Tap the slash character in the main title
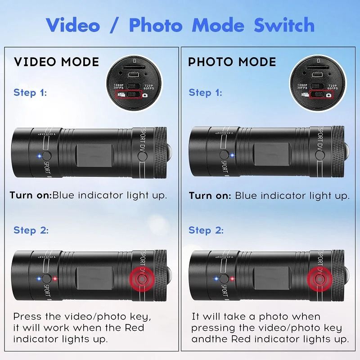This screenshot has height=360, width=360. point(118,25)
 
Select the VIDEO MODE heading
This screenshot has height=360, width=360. point(56,62)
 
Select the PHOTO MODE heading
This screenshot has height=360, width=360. point(232,62)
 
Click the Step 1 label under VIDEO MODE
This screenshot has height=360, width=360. point(30,93)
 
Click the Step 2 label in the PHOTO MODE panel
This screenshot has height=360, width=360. point(206,230)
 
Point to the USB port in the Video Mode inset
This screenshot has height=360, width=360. point(134,75)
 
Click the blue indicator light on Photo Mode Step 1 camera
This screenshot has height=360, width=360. point(232,156)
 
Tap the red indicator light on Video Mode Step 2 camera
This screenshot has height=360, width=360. point(54,279)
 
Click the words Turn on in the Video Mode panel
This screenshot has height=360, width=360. point(30,196)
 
